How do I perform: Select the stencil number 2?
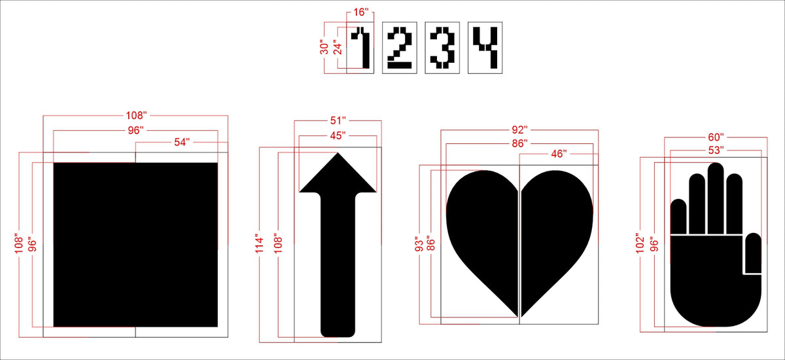click(400, 47)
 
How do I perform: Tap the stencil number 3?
click(442, 47)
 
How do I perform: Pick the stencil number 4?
click(485, 47)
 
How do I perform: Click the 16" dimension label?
click(360, 12)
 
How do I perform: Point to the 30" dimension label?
click(324, 47)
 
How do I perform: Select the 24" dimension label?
click(338, 47)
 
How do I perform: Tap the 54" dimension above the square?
click(182, 142)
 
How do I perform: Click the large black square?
click(135, 245)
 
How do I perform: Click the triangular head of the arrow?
click(338, 175)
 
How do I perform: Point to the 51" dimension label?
click(338, 120)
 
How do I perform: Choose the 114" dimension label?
click(259, 243)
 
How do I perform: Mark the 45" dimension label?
click(338, 135)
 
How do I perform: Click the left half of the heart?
click(482, 238)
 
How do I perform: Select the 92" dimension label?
click(519, 130)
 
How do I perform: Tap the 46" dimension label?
click(559, 154)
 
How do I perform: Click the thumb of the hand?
click(753, 253)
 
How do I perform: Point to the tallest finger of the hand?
click(716, 198)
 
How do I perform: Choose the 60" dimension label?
click(716, 137)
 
